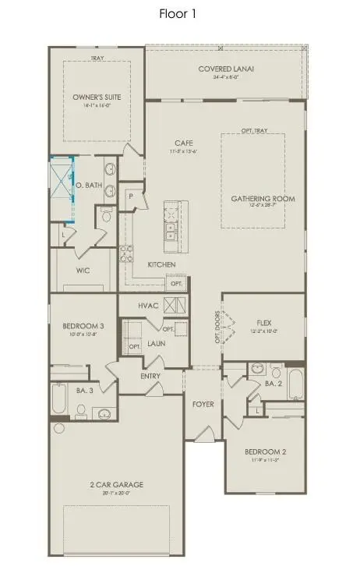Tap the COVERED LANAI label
tap(226, 69)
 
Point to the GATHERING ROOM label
tap(263, 199)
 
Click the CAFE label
tap(184, 143)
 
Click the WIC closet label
tap(85, 271)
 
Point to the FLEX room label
tap(263, 321)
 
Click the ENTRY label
tap(150, 377)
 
